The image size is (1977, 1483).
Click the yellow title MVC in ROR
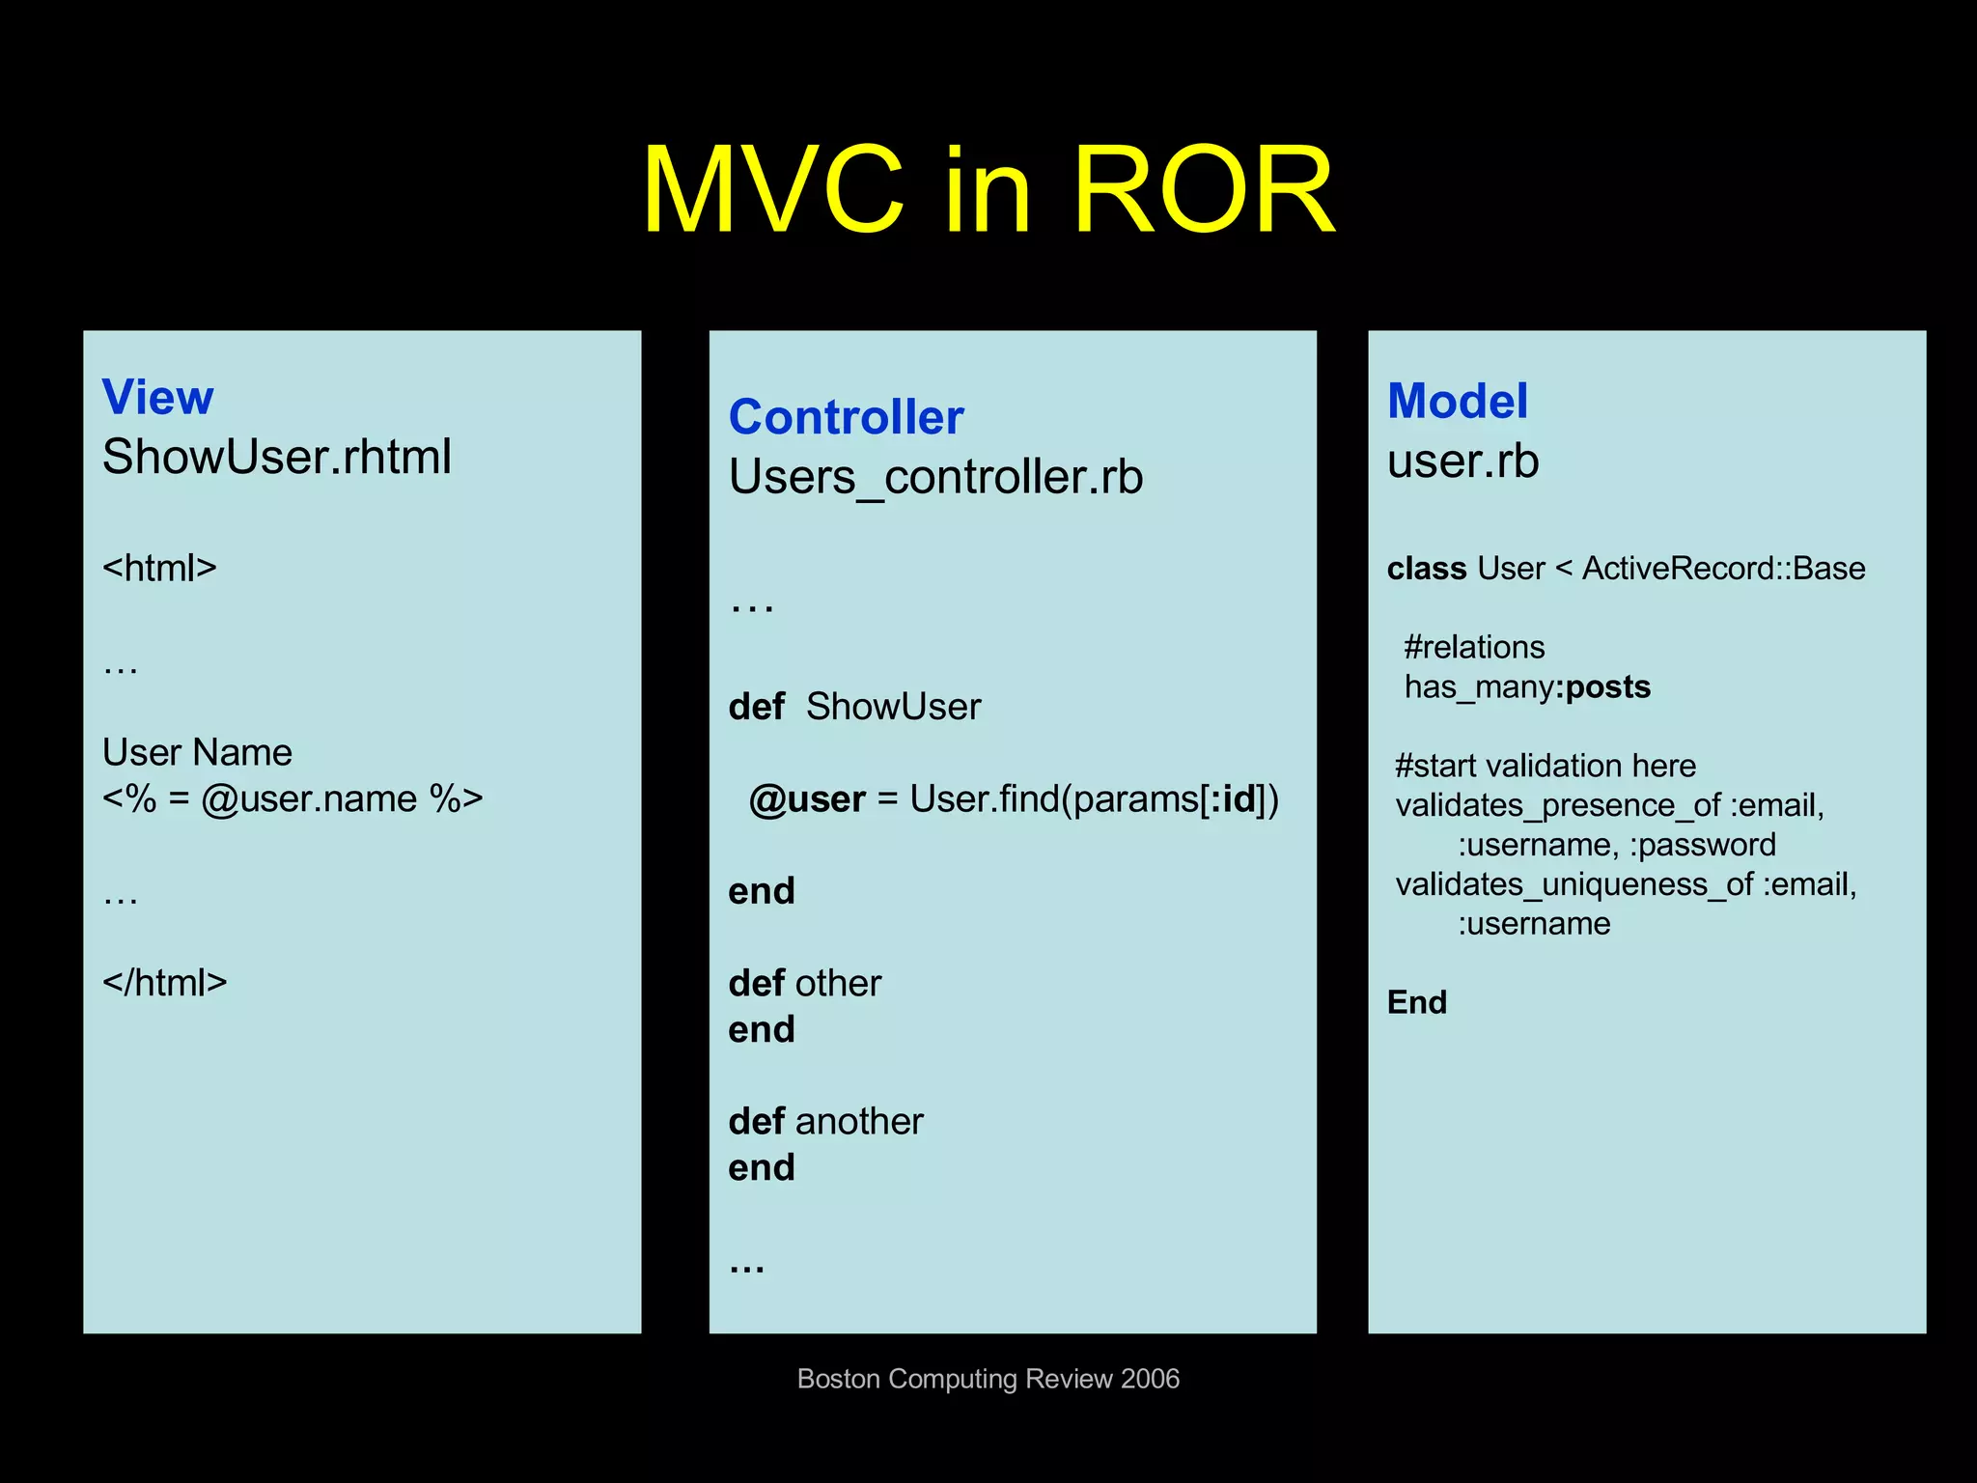(988, 189)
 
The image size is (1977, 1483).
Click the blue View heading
(157, 397)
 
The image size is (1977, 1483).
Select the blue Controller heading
(846, 417)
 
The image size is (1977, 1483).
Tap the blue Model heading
(1457, 401)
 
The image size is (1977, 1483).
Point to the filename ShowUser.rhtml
(276, 457)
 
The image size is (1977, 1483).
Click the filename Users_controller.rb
(935, 477)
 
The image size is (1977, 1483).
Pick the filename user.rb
(1462, 461)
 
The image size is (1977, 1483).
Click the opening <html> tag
(159, 568)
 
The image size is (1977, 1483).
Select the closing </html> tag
(164, 983)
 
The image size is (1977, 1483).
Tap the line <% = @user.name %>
(292, 798)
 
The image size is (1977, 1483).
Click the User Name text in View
(197, 752)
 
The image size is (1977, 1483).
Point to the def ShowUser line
(854, 707)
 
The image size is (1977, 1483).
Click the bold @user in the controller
(807, 799)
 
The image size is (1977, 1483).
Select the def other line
(804, 983)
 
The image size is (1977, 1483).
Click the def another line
(825, 1121)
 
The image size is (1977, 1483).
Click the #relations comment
(1474, 647)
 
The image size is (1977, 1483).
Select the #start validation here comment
(1545, 766)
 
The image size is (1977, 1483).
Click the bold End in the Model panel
(1416, 1002)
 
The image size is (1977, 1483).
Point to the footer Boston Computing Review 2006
(988, 1379)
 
